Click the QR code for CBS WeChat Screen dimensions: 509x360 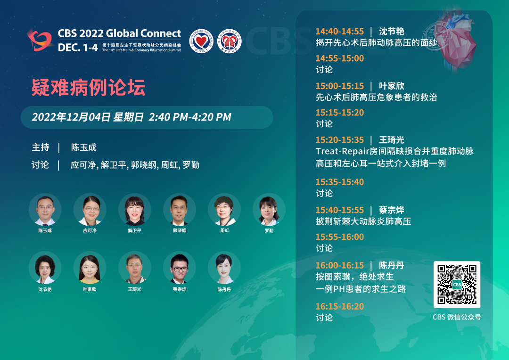coord(457,285)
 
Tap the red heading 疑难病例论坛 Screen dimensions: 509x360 coord(88,88)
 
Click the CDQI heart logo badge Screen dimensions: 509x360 coord(201,41)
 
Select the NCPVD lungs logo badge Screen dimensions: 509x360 coord(230,41)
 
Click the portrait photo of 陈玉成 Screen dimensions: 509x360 coord(45,210)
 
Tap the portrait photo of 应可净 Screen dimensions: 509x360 coord(90,210)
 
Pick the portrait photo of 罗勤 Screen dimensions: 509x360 coord(269,210)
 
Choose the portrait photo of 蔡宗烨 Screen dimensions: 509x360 coord(180,268)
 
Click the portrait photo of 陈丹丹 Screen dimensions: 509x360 coord(224,268)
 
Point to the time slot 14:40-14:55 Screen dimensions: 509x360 coord(340,32)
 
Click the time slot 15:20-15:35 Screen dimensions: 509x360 coord(340,140)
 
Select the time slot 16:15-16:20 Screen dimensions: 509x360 coord(340,306)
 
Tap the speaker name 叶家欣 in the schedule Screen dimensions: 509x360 coord(392,86)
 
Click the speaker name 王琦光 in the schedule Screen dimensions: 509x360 coord(392,140)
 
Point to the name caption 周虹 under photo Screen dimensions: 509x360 coord(225,230)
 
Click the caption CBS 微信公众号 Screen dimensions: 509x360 coord(457,317)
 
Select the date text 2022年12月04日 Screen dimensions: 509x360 coord(72,117)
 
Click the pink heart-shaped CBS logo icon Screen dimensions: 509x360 coord(40,40)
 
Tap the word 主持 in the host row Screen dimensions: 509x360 coord(41,147)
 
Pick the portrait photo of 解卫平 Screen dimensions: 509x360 coord(135,210)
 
